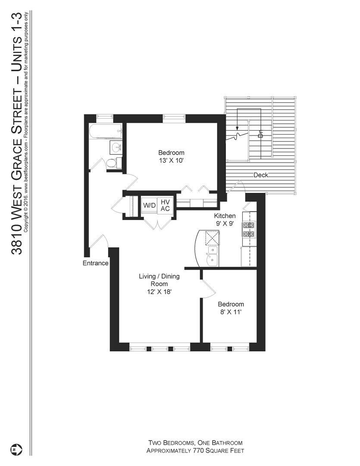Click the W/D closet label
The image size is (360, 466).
pyautogui.click(x=150, y=205)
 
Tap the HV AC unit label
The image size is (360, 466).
pyautogui.click(x=165, y=205)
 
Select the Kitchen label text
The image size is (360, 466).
pyautogui.click(x=225, y=216)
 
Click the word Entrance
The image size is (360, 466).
pyautogui.click(x=95, y=263)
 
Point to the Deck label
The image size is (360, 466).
pyautogui.click(x=261, y=175)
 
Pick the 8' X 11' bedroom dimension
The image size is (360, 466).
pyautogui.click(x=231, y=312)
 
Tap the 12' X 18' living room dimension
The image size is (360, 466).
pyautogui.click(x=159, y=292)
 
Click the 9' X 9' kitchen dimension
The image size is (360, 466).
pyautogui.click(x=225, y=224)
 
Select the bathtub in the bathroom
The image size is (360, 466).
pyautogui.click(x=105, y=131)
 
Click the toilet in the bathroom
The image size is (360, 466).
pyautogui.click(x=112, y=163)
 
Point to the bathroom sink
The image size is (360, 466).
pyautogui.click(x=116, y=148)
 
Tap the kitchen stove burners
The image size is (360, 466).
pyautogui.click(x=249, y=230)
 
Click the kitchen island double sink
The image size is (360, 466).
pyautogui.click(x=212, y=256)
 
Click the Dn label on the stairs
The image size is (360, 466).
pyautogui.click(x=260, y=134)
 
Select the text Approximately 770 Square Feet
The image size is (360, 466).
pyautogui.click(x=195, y=451)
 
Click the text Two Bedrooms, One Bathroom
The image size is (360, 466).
pyautogui.click(x=195, y=443)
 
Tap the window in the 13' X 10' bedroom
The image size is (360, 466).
pyautogui.click(x=174, y=116)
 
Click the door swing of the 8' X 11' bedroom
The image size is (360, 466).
pyautogui.click(x=208, y=288)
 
